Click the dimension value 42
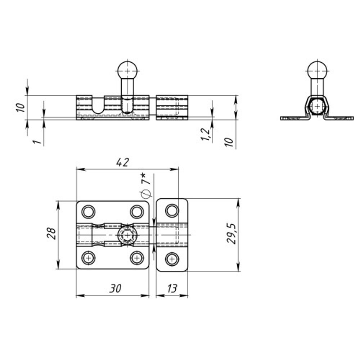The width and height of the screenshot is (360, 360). [x=123, y=162]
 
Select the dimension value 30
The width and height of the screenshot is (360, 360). [x=115, y=288]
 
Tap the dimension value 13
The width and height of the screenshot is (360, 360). [x=172, y=288]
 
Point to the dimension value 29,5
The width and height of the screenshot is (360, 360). [x=231, y=233]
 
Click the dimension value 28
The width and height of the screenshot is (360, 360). [x=51, y=234]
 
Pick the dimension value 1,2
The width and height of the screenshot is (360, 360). [x=206, y=134]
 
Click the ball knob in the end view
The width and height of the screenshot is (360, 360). [x=317, y=69]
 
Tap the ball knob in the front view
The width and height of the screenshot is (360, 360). [x=127, y=70]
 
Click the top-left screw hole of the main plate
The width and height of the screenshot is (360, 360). [x=89, y=212]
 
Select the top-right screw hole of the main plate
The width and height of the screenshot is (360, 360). [x=137, y=212]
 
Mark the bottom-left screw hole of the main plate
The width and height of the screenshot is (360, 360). [x=89, y=258]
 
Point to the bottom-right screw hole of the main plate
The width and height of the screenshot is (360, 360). [x=137, y=258]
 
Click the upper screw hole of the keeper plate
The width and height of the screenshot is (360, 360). [x=172, y=211]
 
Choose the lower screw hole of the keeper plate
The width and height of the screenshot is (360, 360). [x=172, y=259]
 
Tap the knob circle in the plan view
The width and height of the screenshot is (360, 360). [x=127, y=235]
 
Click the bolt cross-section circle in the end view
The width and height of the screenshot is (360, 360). [x=317, y=106]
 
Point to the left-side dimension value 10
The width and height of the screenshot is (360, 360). [x=21, y=107]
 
